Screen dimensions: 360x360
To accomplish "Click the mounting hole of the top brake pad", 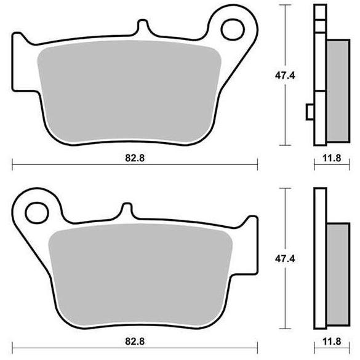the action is click(x=233, y=30).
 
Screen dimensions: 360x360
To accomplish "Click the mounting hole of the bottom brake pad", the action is click(x=37, y=213).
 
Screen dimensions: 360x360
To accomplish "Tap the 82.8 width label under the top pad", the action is click(x=135, y=158).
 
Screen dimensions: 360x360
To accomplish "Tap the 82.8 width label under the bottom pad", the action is click(x=135, y=342).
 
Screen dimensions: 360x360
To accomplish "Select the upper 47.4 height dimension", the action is click(x=285, y=75).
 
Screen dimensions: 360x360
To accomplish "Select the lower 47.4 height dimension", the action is click(x=285, y=258).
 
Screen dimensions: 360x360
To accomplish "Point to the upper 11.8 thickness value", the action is click(x=332, y=158).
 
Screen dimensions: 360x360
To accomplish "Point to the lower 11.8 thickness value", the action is click(x=332, y=342).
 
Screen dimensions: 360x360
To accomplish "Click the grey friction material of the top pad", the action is click(x=129, y=92).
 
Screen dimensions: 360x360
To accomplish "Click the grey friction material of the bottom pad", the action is click(x=140, y=275).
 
